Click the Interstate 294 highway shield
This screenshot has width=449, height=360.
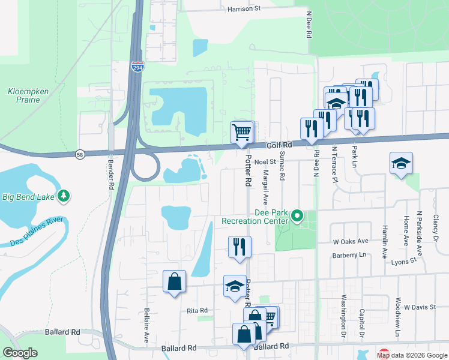[137, 67]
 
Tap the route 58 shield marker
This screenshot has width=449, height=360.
[80, 154]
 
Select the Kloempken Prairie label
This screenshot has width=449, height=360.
[24, 95]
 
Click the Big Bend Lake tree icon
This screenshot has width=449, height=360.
[63, 196]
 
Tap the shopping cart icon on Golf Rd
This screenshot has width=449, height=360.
[242, 132]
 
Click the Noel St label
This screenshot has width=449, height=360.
[264, 161]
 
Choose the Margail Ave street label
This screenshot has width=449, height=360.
[265, 185]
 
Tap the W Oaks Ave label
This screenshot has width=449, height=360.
[351, 241]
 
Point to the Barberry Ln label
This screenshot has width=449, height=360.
[350, 255]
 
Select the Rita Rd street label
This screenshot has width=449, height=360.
[197, 310]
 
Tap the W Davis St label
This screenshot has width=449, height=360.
[419, 307]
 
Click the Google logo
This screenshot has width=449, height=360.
[20, 353]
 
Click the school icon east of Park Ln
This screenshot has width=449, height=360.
[401, 163]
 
